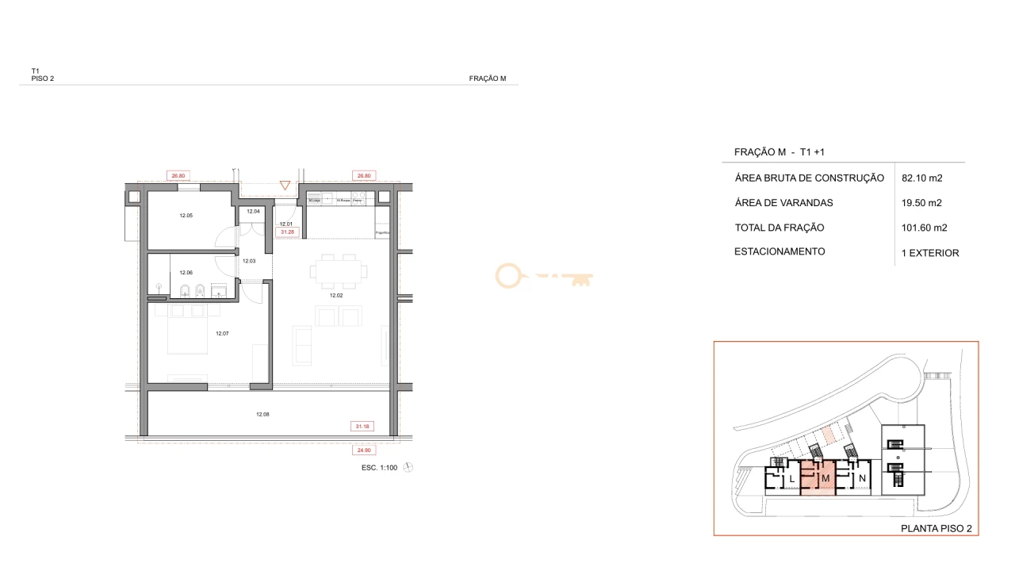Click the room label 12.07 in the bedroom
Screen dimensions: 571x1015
[222, 334]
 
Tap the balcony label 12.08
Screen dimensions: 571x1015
[262, 414]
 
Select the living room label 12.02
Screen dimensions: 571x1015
[336, 295]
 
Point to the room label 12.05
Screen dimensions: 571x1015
[186, 216]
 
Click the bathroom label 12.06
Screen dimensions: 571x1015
[186, 272]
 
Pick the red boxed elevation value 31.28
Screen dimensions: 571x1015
[287, 232]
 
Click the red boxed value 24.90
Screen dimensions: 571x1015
[362, 450]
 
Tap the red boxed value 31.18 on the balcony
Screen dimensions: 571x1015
[362, 427]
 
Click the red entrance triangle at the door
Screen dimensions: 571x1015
[285, 186]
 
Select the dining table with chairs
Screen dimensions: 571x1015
[339, 271]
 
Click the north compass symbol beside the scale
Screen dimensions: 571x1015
[408, 468]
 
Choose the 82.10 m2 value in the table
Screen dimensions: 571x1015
[922, 178]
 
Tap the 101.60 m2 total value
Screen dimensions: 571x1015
[925, 228]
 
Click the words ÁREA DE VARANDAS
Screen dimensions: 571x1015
[784, 203]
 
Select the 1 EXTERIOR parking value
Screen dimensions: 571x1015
[930, 254]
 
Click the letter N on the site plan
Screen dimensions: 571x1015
[862, 479]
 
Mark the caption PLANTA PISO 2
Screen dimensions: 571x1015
[936, 528]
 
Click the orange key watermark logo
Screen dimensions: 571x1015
[544, 276]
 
